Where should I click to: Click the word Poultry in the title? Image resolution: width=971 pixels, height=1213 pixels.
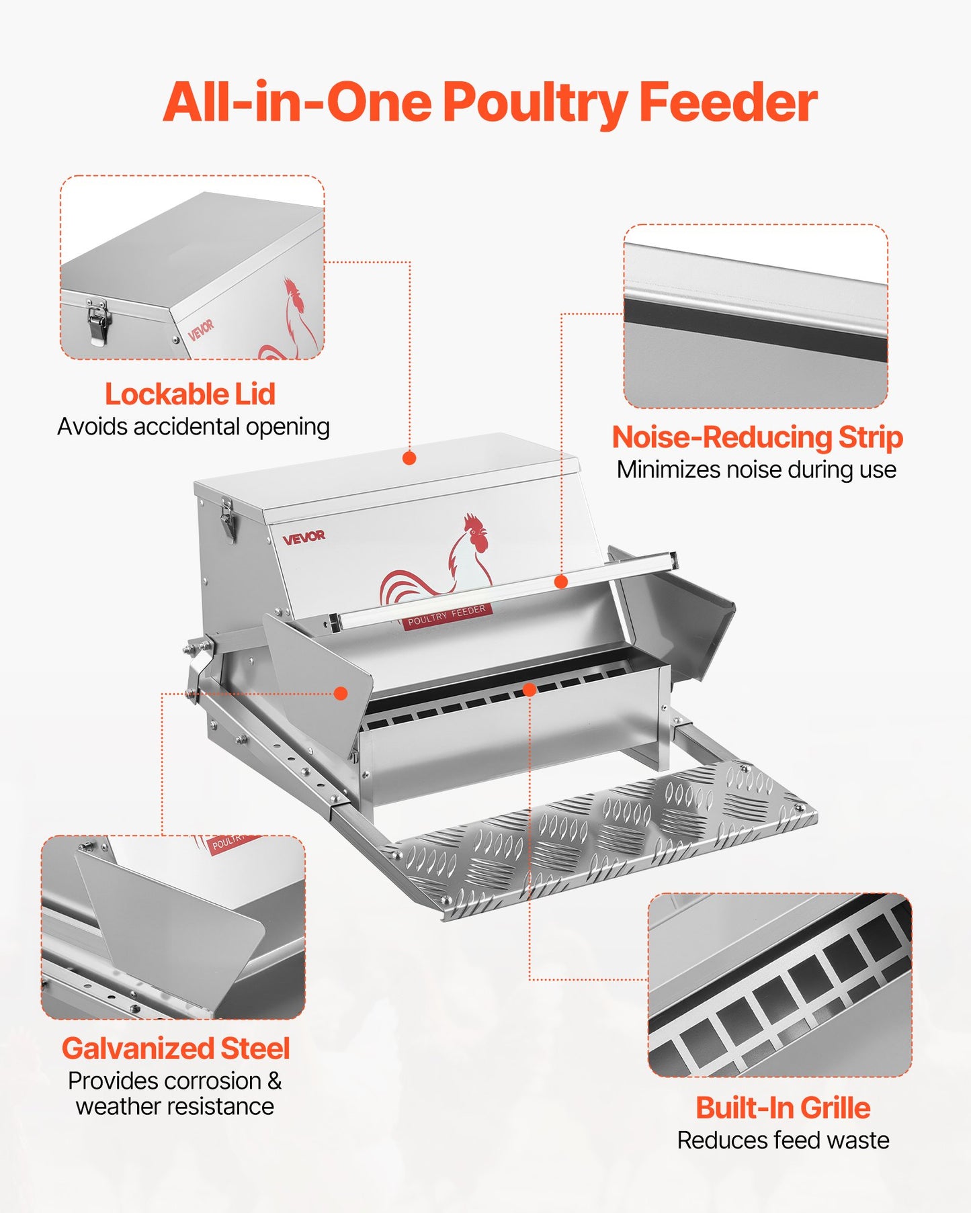[x=533, y=103]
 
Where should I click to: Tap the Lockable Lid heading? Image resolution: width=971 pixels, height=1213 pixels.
[x=190, y=394]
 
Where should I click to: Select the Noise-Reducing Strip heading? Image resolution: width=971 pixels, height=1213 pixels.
[x=757, y=437]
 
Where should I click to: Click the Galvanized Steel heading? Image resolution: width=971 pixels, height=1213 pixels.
[x=175, y=1048]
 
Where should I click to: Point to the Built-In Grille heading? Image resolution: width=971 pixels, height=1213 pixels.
[x=783, y=1108]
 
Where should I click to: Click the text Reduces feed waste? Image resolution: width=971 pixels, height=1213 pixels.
[x=783, y=1140]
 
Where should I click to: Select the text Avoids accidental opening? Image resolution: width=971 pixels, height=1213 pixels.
[x=194, y=426]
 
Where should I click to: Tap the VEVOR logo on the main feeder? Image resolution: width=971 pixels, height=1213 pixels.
[x=304, y=537]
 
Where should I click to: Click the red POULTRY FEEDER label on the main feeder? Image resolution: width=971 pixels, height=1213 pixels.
[x=446, y=615]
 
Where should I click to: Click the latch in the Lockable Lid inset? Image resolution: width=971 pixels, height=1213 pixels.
[x=98, y=321]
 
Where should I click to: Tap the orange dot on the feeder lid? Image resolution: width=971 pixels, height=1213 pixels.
[x=409, y=458]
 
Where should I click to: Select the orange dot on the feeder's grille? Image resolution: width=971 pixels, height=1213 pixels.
[x=530, y=690]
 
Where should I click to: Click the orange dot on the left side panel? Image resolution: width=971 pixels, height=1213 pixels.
[x=341, y=693]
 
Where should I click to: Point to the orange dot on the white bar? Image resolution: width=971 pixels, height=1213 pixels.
[x=561, y=582]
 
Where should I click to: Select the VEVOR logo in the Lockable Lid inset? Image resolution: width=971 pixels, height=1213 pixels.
[x=201, y=330]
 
